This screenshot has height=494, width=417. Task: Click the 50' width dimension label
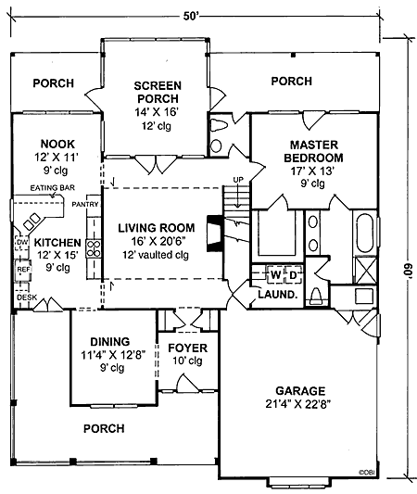coord(190,16)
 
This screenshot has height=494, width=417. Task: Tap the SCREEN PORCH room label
coord(158,92)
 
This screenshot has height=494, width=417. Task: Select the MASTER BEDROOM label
coord(314,151)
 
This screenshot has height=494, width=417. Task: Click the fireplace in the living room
coord(215,234)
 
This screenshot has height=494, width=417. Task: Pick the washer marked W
coord(275,275)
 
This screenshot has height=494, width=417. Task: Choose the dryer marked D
coord(293,275)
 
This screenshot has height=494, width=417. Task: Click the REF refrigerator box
coord(23,270)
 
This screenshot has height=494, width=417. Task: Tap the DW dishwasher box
coord(22,242)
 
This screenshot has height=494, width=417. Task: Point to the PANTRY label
coord(85,205)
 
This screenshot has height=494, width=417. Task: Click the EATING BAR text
coord(53,188)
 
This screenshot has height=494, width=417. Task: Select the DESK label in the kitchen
coord(27,298)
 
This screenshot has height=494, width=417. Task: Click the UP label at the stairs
coord(238,180)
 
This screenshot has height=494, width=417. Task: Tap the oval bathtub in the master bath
coord(365,233)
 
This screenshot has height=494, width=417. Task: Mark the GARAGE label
coord(300,391)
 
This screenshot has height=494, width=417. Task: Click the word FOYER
coord(188,348)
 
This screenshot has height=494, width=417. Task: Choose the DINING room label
coord(110,341)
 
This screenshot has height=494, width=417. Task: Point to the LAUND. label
coord(278,295)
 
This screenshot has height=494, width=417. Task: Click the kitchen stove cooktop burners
coord(94,248)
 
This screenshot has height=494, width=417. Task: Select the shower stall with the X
coord(366,270)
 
